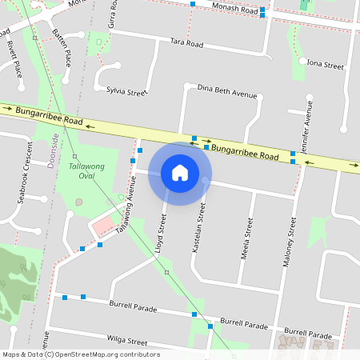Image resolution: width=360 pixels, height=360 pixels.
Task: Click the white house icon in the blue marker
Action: (180, 173)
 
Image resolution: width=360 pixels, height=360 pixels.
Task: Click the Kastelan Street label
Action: (202, 228)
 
